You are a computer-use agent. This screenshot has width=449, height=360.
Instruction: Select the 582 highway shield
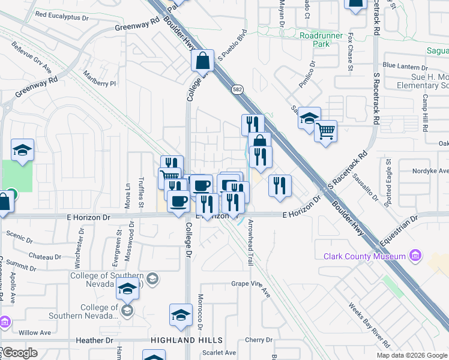(238, 89)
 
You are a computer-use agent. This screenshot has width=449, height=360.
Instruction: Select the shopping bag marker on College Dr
(203, 60)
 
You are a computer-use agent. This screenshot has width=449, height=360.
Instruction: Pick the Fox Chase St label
(350, 52)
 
